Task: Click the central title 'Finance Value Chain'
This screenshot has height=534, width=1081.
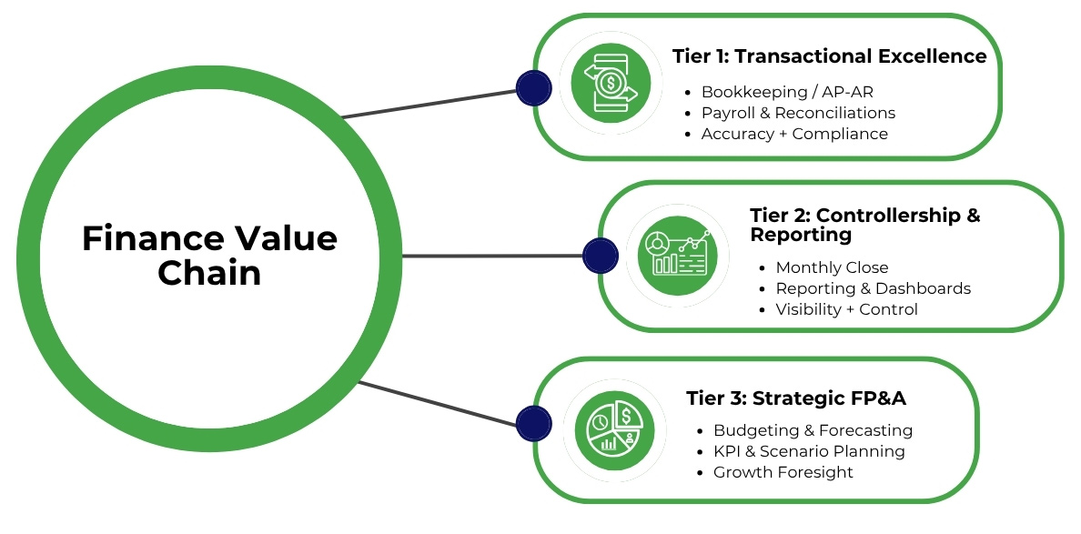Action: pos(209,256)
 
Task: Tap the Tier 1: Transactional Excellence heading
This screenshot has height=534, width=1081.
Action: pos(829,56)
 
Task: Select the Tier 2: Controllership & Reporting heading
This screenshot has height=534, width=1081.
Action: pos(864,225)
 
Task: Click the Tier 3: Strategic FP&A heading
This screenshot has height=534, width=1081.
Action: pos(795,398)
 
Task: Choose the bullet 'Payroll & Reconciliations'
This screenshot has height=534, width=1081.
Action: pos(798,113)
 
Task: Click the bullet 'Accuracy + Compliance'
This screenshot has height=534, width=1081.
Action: pos(794,134)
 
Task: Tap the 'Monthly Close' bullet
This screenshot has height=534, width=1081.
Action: pos(832,267)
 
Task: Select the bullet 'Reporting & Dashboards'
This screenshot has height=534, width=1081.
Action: pos(873,288)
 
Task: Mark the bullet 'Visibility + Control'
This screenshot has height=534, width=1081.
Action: pos(846,309)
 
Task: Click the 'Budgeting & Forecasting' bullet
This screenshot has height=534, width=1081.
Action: pos(813,430)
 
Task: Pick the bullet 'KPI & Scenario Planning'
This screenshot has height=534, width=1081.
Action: pos(809,451)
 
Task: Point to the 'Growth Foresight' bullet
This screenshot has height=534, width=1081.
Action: pos(783,472)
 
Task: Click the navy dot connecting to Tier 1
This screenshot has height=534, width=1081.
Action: pos(533,87)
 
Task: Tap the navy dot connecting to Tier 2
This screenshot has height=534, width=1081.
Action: pos(600,256)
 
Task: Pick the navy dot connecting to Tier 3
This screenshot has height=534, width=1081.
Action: pos(533,423)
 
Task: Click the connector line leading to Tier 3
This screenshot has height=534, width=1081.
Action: pos(437,402)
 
